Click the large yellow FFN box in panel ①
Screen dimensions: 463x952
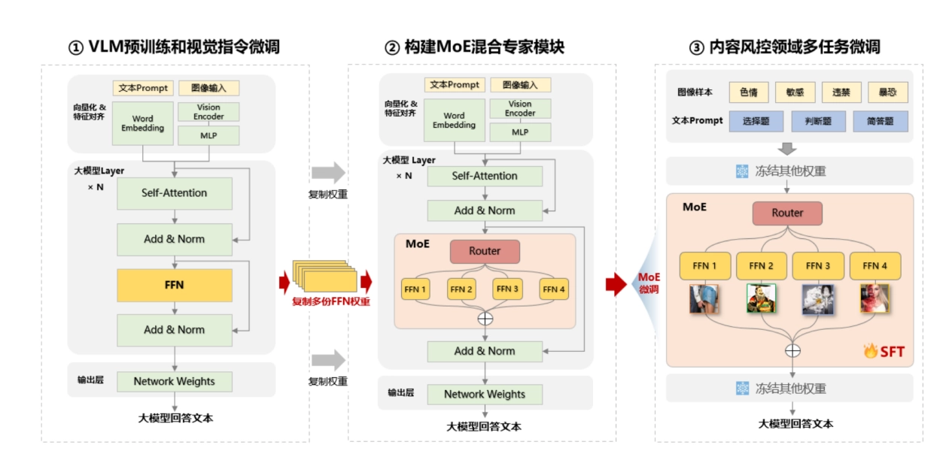(x=175, y=286)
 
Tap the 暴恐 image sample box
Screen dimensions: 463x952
(x=888, y=92)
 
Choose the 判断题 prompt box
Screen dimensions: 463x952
(x=818, y=121)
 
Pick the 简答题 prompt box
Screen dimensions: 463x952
(x=880, y=121)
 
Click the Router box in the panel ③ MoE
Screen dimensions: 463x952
(x=787, y=213)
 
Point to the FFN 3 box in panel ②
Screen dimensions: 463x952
(x=507, y=289)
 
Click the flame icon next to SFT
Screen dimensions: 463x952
(x=871, y=350)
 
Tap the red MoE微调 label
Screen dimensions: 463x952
(x=649, y=283)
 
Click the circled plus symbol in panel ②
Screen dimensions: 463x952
(x=485, y=319)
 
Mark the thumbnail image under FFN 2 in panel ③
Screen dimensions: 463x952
(x=761, y=298)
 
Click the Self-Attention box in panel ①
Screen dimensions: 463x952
(x=175, y=193)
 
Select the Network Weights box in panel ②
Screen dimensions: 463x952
(x=485, y=395)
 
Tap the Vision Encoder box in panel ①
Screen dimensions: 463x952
(x=208, y=112)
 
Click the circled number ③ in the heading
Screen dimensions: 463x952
(x=697, y=47)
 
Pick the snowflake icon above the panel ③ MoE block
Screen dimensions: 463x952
(x=742, y=171)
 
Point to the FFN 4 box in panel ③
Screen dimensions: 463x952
(x=874, y=266)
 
